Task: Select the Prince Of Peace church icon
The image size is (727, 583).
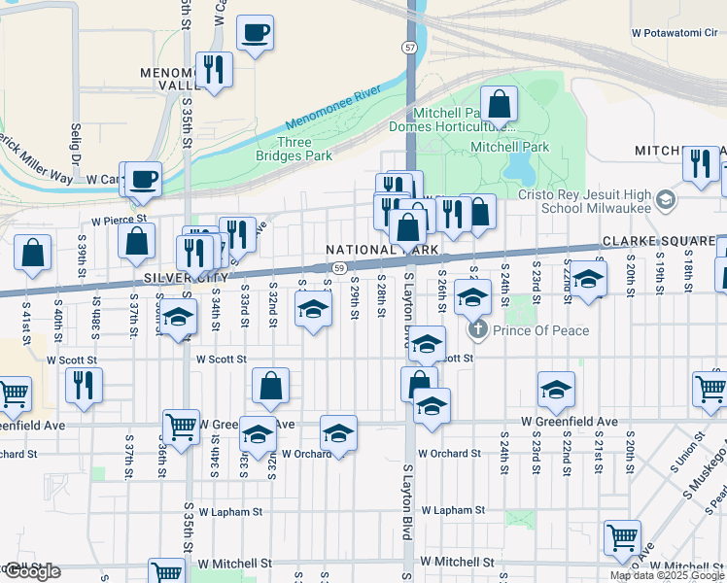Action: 477,330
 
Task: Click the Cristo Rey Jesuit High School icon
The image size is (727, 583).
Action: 666,200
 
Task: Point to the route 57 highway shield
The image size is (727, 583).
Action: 411,47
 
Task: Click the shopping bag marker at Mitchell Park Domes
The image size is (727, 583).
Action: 499,104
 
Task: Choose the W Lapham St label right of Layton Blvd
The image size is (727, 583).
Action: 451,510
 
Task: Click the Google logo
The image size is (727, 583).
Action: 31,571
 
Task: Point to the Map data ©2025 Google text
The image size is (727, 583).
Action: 667,575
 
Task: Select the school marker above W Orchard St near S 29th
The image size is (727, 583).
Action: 338,431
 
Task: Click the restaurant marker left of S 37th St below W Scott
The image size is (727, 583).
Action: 84,385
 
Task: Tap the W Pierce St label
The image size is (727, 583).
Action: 119,221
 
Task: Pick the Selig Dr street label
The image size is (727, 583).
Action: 74,143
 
